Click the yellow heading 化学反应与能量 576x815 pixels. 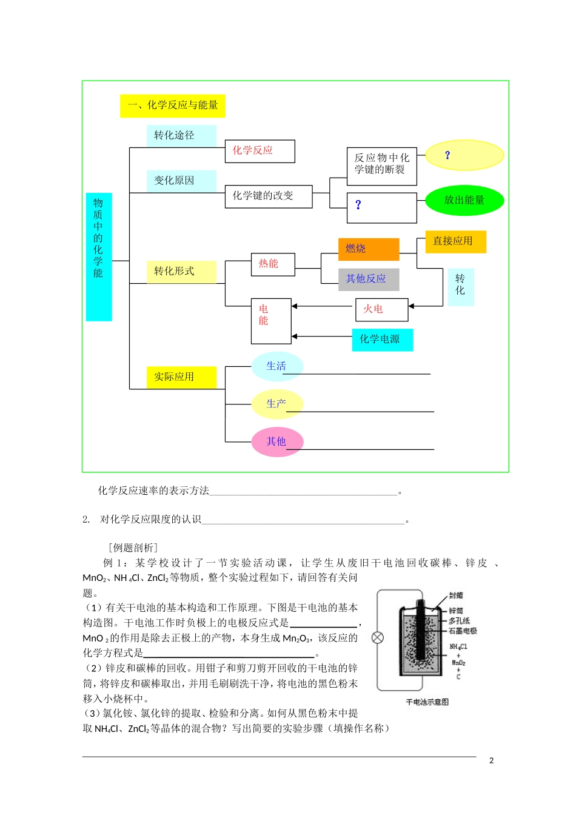tap(173, 106)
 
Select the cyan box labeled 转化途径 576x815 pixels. tap(181, 135)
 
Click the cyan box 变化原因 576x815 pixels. tap(181, 181)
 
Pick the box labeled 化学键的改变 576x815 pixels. tap(269, 196)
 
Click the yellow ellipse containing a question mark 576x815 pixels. tap(464, 155)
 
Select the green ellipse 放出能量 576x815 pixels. tap(464, 200)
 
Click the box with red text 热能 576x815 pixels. tap(273, 264)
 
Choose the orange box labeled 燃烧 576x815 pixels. tap(369, 249)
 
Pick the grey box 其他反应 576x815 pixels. tap(369, 279)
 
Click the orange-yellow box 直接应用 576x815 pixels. tap(456, 241)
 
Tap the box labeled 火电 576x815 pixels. tap(381, 309)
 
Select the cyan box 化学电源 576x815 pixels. tap(382, 340)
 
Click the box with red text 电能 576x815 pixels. tap(271, 321)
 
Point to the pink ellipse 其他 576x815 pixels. tap(277, 441)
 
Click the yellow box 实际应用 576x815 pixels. tap(181, 377)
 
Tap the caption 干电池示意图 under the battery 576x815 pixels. tap(427, 702)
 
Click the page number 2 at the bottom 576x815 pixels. tap(491, 760)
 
